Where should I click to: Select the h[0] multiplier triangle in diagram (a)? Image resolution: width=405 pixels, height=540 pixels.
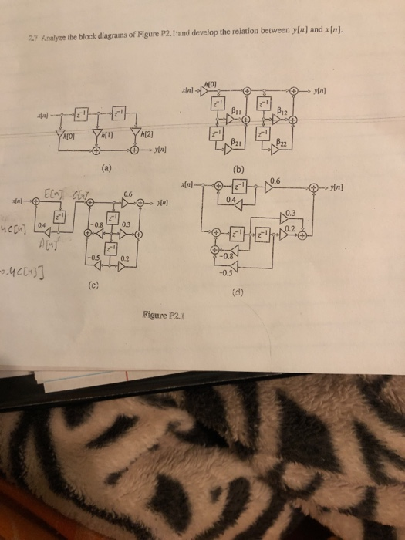(60, 137)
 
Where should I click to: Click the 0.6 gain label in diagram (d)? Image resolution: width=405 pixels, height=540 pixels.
(276, 180)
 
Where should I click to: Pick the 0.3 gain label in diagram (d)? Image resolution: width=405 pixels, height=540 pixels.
(289, 213)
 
